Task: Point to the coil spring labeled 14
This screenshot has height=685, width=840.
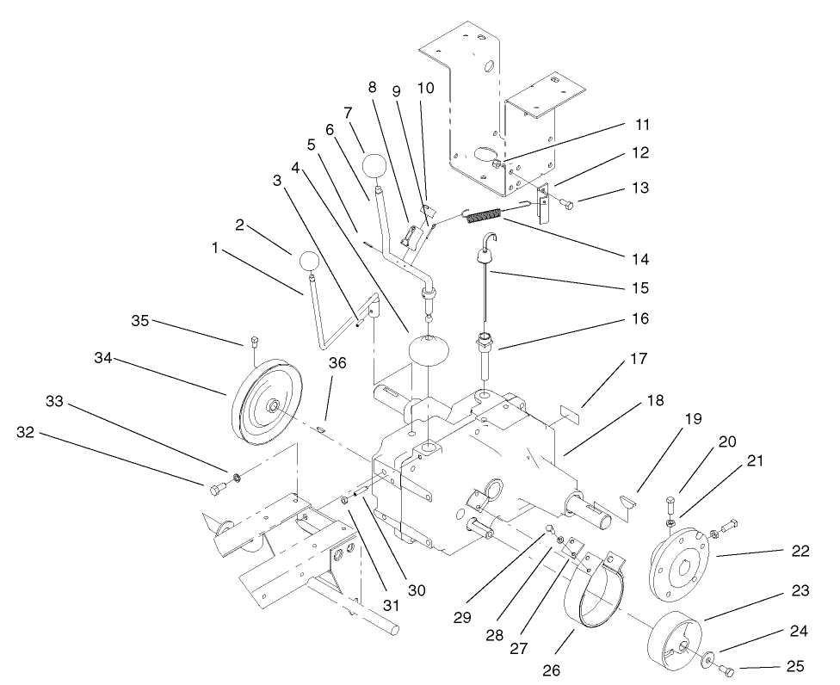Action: [x=483, y=215]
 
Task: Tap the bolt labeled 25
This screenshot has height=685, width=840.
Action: [x=726, y=669]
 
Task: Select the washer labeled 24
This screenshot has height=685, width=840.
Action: [x=707, y=661]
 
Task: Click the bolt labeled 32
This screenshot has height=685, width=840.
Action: [x=216, y=490]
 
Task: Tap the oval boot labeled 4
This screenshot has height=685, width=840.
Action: [x=430, y=352]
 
